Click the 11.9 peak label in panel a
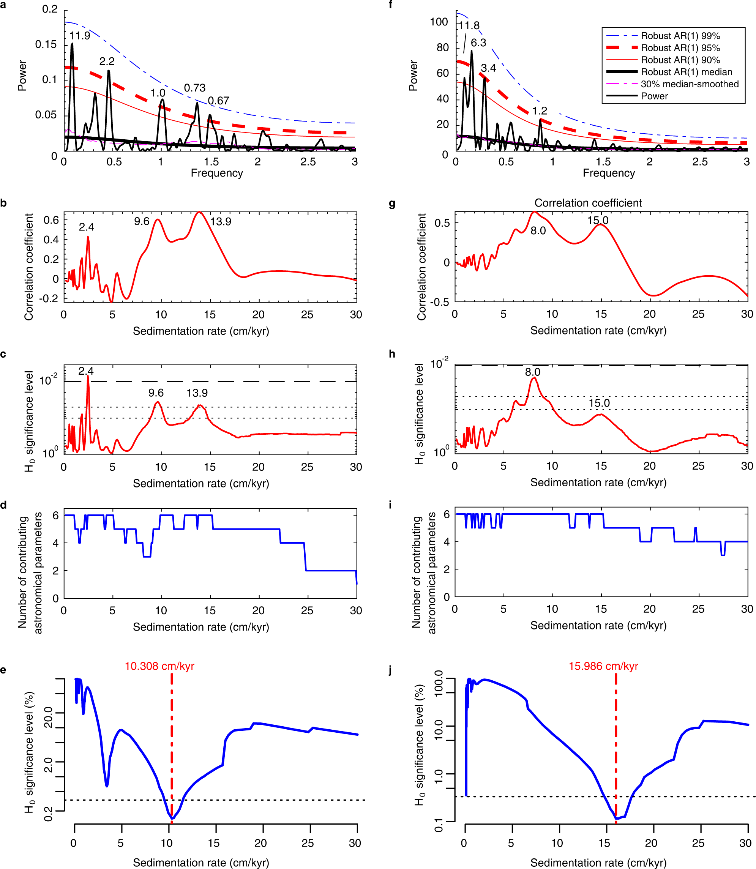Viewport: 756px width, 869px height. pos(80,36)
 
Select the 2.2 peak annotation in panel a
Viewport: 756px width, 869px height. pos(107,62)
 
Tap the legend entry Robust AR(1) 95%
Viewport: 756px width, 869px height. pos(680,48)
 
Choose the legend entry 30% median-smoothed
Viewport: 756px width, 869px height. pos(689,84)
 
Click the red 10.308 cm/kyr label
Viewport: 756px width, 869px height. pos(159,666)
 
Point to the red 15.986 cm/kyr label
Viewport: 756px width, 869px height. pos(603,666)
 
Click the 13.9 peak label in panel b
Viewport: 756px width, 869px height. pos(221,222)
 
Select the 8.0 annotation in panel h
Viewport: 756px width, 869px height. pos(532,372)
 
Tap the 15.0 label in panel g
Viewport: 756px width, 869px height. pos(598,221)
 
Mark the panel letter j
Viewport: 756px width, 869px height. pos(391,670)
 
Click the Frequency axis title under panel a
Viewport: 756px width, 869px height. pos(217,173)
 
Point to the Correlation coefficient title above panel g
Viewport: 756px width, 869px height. pos(588,203)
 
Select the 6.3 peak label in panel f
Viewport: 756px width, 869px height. pos(478,43)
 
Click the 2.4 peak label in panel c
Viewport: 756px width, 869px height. pos(86,371)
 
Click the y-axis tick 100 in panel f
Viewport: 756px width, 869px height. pos(439,22)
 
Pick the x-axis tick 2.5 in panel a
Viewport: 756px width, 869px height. pos(308,162)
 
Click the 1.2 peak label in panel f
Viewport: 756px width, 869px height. pos(539,111)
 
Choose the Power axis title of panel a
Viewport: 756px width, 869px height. pos(22,76)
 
